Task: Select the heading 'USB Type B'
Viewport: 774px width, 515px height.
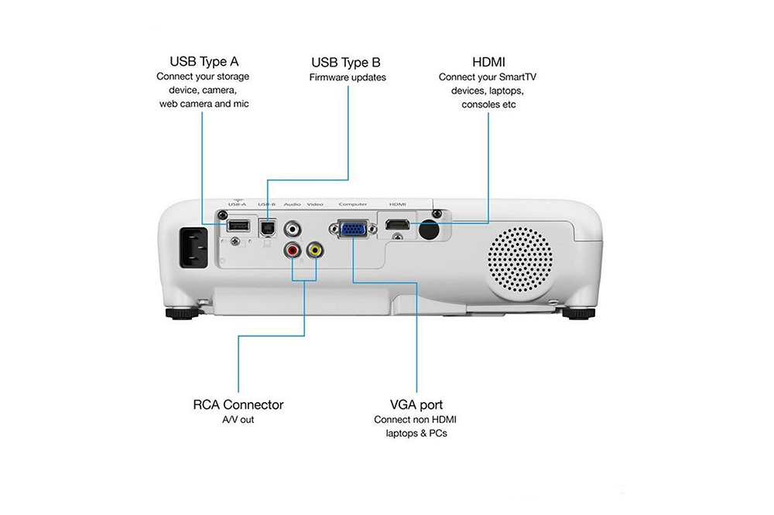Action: pyautogui.click(x=346, y=62)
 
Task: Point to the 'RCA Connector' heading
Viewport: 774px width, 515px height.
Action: pyautogui.click(x=238, y=404)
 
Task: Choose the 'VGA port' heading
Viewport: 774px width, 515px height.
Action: pyautogui.click(x=416, y=404)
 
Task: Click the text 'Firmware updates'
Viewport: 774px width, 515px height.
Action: pyautogui.click(x=348, y=77)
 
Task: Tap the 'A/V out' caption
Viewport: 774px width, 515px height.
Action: pyautogui.click(x=238, y=420)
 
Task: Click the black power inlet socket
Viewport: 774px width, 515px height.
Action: pyautogui.click(x=194, y=247)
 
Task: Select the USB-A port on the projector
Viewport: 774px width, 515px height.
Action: pyautogui.click(x=238, y=227)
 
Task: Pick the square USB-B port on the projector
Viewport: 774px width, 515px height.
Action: pyautogui.click(x=267, y=228)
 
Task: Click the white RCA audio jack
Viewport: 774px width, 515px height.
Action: pyautogui.click(x=293, y=229)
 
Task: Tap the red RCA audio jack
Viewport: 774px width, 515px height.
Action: pyautogui.click(x=293, y=251)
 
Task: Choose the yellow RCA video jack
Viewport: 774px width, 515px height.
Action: pyautogui.click(x=314, y=251)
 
